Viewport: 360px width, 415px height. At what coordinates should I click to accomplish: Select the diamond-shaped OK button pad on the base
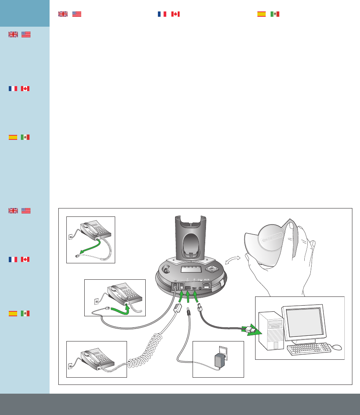211,269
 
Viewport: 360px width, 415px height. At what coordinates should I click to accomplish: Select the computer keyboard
309,348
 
